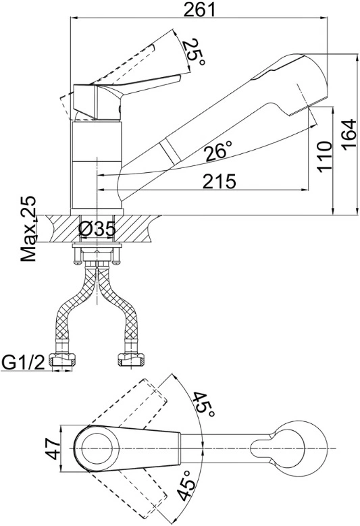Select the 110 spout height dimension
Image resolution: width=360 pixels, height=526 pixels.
click(x=325, y=157)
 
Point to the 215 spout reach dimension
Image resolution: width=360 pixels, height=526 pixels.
click(x=220, y=182)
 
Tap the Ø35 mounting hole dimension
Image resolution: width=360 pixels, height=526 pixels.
click(x=97, y=230)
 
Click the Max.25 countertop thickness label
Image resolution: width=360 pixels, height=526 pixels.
click(x=28, y=229)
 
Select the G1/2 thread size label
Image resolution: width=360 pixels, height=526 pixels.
click(x=23, y=363)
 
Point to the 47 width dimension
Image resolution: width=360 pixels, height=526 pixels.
click(x=53, y=448)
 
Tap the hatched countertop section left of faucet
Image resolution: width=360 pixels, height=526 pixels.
click(x=61, y=229)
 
